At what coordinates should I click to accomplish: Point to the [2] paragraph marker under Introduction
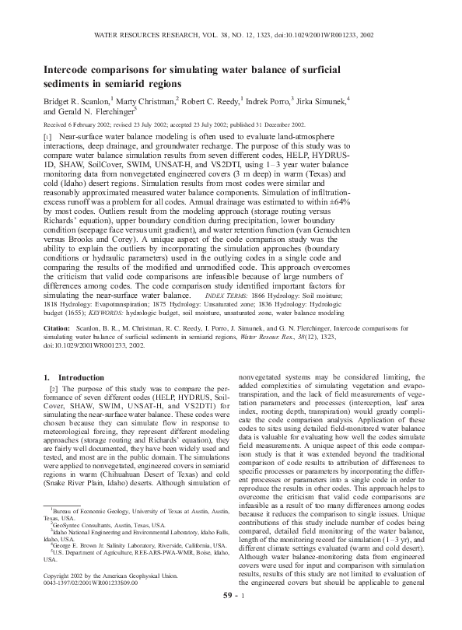(53, 389)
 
